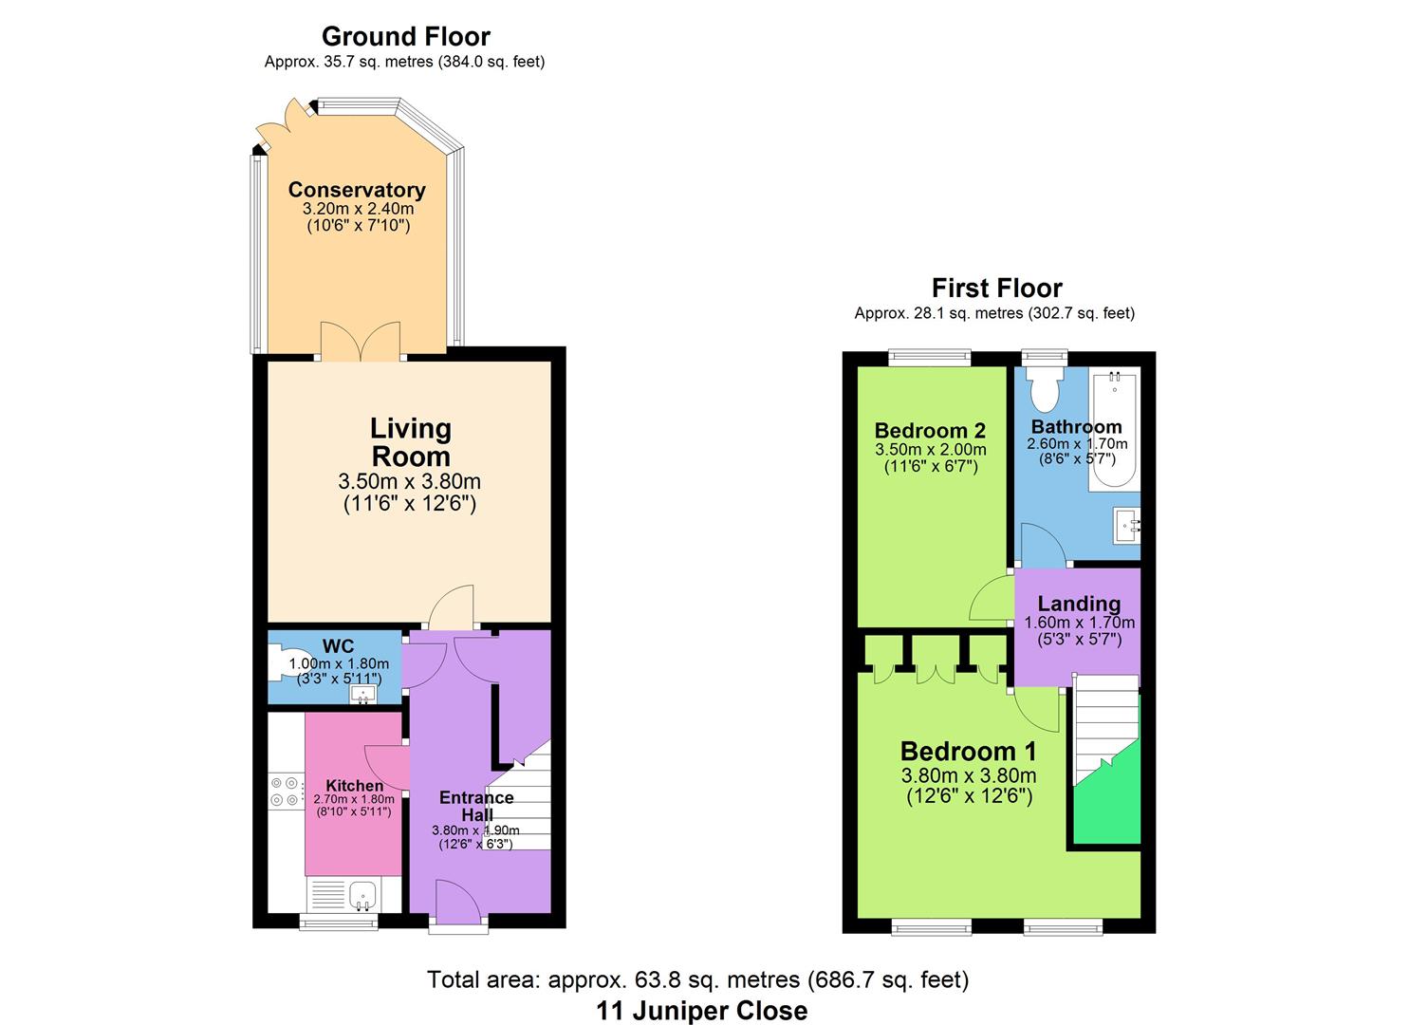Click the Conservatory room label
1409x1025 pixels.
pyautogui.click(x=357, y=190)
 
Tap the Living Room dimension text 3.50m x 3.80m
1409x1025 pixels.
pyautogui.click(x=410, y=481)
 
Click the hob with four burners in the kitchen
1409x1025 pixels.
pyautogui.click(x=284, y=792)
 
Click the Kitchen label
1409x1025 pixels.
pyautogui.click(x=354, y=785)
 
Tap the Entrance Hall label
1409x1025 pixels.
pyautogui.click(x=476, y=806)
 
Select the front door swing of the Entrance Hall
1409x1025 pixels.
pyautogui.click(x=458, y=902)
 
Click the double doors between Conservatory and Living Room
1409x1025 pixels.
pyautogui.click(x=361, y=342)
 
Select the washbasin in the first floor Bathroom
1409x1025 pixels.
pyautogui.click(x=1126, y=525)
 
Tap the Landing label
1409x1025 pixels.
pyautogui.click(x=1079, y=604)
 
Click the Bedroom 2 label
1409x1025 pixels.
pyautogui.click(x=930, y=430)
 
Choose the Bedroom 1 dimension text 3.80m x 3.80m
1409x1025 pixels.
pyautogui.click(x=969, y=774)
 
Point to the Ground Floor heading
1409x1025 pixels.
pyautogui.click(x=406, y=36)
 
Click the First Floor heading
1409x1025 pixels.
pyautogui.click(x=997, y=289)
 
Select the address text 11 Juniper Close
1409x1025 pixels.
pyautogui.click(x=701, y=1011)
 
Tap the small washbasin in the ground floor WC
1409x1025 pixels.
pyautogui.click(x=363, y=694)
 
